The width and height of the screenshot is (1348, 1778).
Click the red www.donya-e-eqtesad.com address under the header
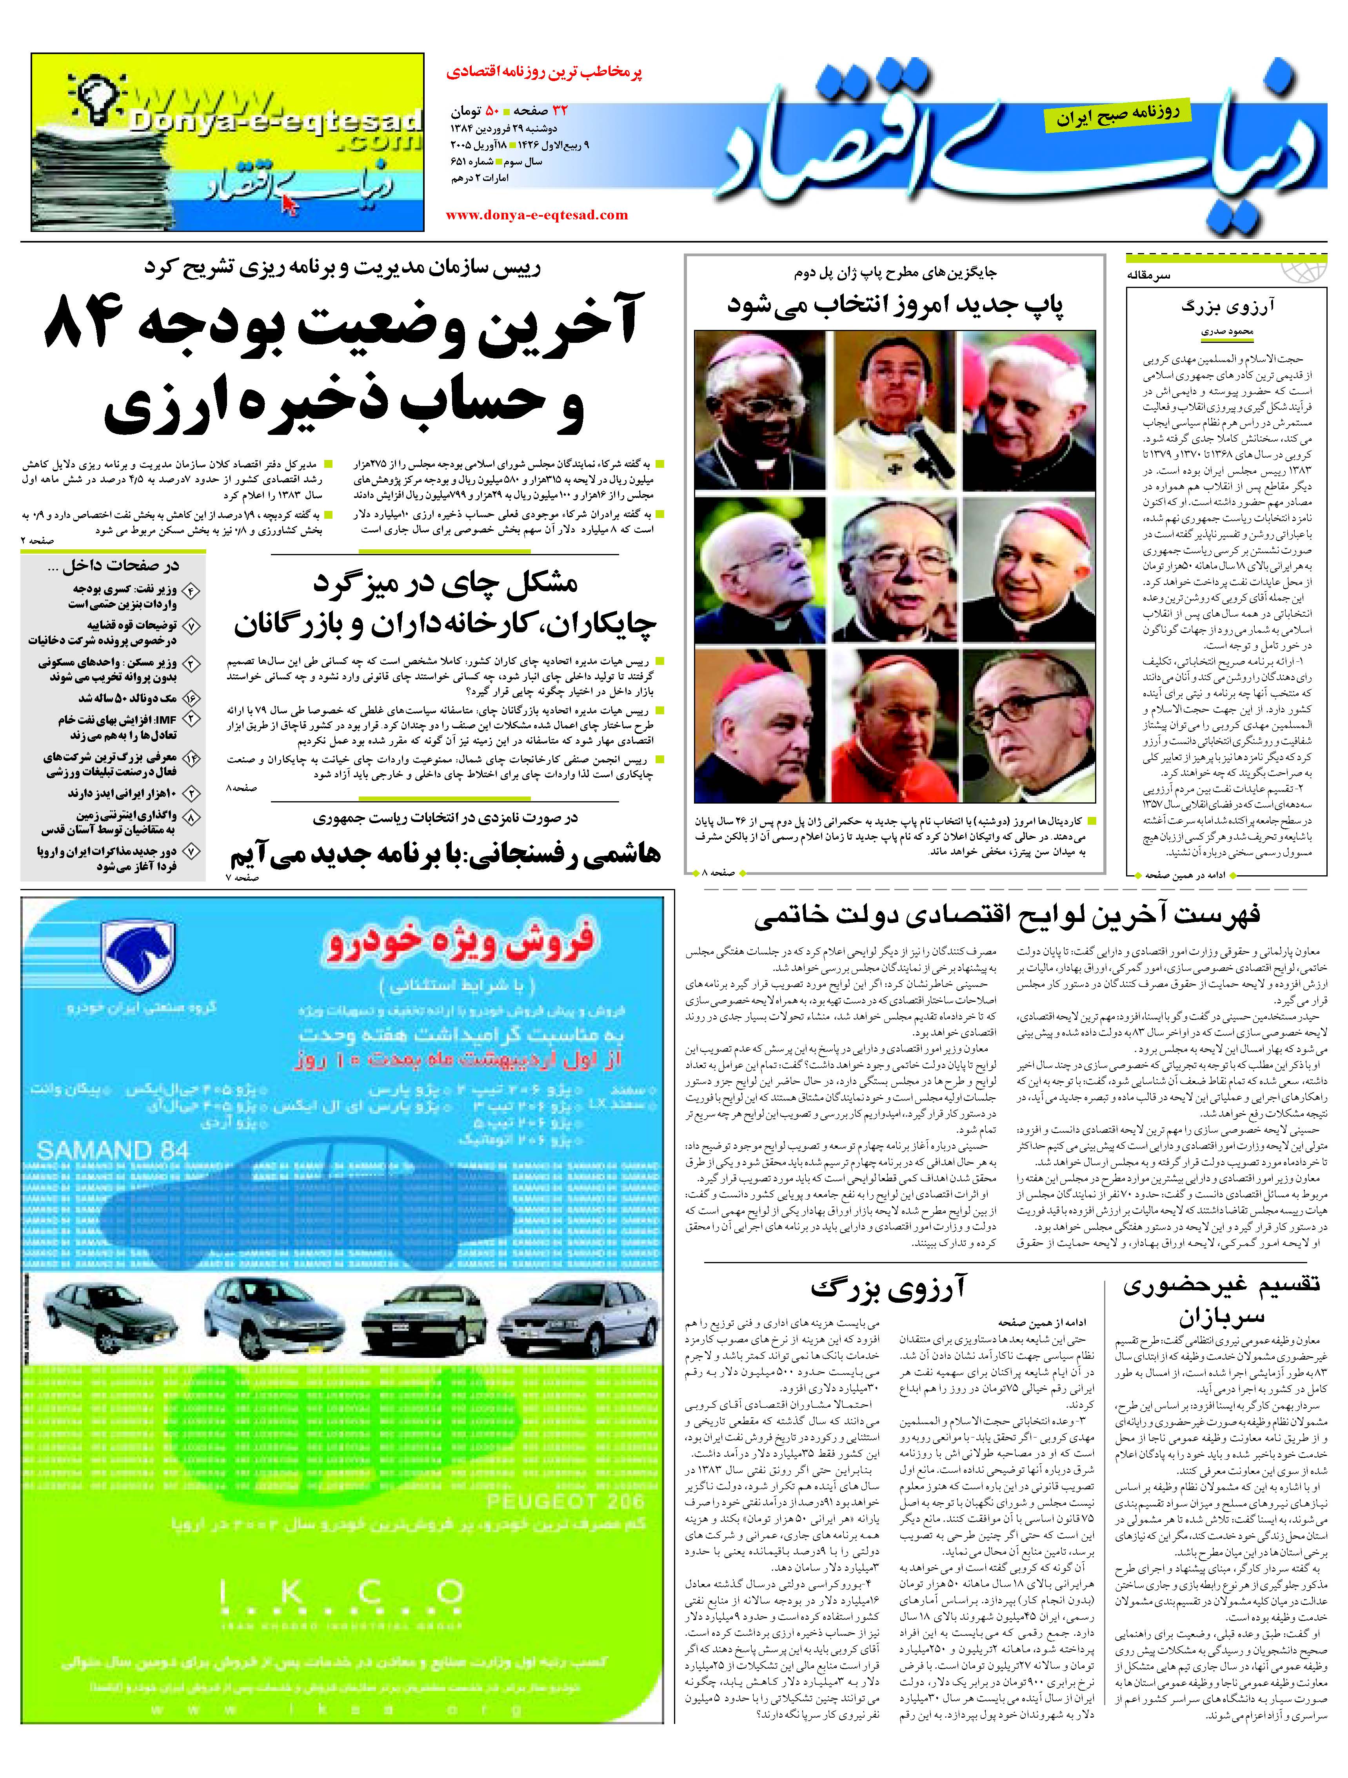pos(536,215)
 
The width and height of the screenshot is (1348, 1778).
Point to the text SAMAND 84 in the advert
pos(113,1151)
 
